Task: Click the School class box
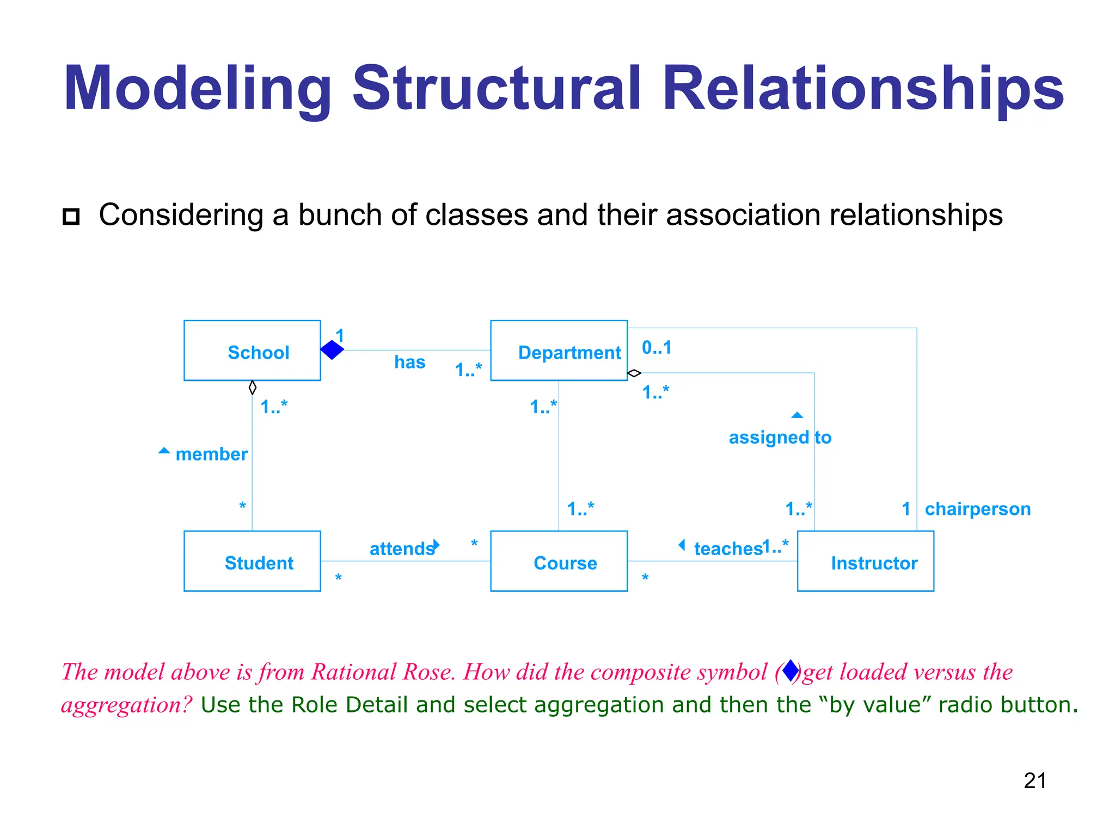pyautogui.click(x=252, y=351)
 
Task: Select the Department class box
pyautogui.click(x=559, y=351)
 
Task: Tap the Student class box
pyautogui.click(x=252, y=561)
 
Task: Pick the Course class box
pyautogui.click(x=559, y=561)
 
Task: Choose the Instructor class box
pyautogui.click(x=865, y=561)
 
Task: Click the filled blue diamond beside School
pyautogui.click(x=332, y=350)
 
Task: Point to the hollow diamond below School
pyautogui.click(x=252, y=388)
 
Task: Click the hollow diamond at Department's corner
pyautogui.click(x=634, y=373)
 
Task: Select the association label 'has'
pyautogui.click(x=409, y=362)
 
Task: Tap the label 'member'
pyautogui.click(x=211, y=454)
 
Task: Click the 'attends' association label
pyautogui.click(x=401, y=549)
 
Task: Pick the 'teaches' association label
pyautogui.click(x=728, y=549)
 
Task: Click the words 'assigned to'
pyautogui.click(x=780, y=438)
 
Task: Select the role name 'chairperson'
pyautogui.click(x=977, y=509)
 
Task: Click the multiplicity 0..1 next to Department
pyautogui.click(x=657, y=347)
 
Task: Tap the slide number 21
pyautogui.click(x=1034, y=780)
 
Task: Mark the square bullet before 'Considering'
pyautogui.click(x=71, y=217)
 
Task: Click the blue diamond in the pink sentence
pyautogui.click(x=791, y=671)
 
